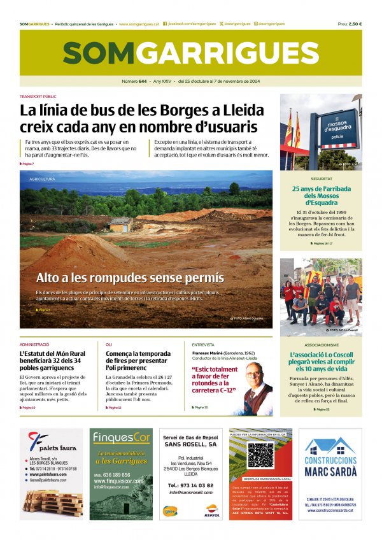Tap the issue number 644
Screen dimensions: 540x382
143,82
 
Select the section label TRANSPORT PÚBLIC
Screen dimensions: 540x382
38,97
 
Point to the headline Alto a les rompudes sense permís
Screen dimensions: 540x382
130,278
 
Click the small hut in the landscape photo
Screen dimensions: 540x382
120,224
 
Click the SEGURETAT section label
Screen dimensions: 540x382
322,179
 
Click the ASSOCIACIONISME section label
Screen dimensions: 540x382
321,345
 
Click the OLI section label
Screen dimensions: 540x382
109,345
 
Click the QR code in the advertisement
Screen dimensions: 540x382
260,455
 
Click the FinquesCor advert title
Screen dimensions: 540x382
121,437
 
